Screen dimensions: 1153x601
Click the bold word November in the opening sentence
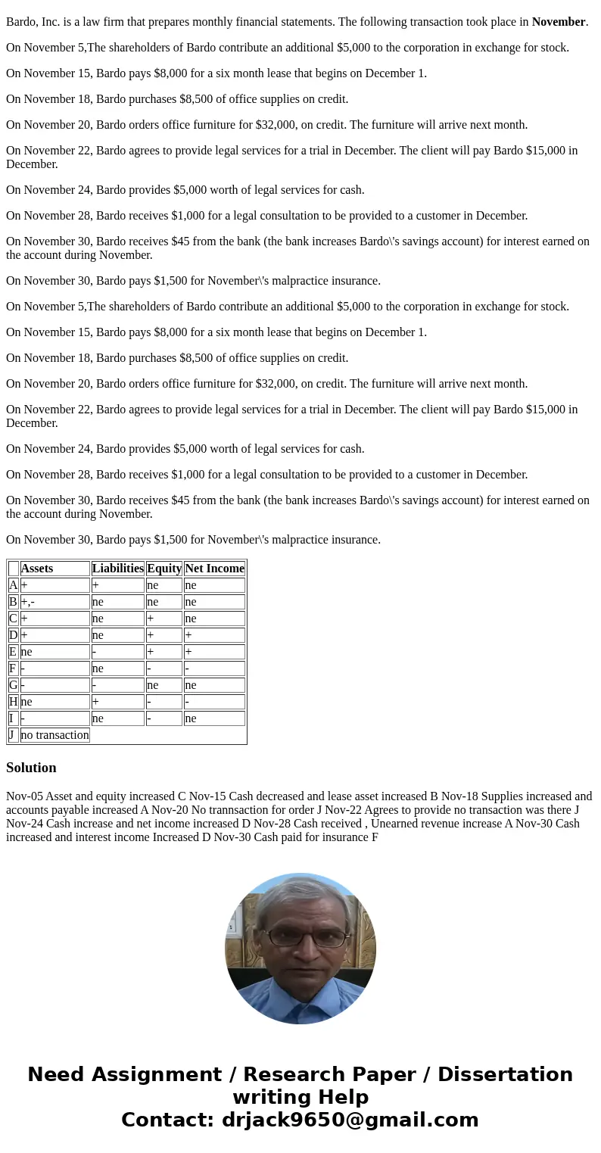coord(558,22)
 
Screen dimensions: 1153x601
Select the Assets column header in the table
coord(37,569)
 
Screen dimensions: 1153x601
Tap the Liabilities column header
coord(117,569)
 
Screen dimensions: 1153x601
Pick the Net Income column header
coord(214,569)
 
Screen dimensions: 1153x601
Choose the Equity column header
coord(163,569)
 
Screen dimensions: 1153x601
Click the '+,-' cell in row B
coord(54,602)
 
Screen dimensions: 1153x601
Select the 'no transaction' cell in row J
coord(54,735)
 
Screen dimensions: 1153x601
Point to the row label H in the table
coord(14,702)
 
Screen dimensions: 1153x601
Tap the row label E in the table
coord(14,652)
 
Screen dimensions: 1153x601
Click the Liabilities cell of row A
coord(117,585)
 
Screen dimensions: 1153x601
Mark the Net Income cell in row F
coord(214,668)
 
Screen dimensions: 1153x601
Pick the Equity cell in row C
coord(163,619)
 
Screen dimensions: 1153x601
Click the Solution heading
coord(31,768)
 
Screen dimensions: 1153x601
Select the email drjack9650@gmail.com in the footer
coord(350,1120)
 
